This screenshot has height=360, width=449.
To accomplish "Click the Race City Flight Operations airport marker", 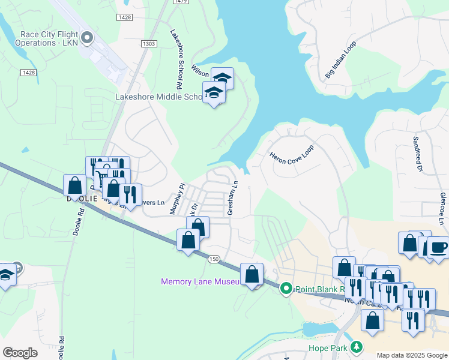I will point(88,38).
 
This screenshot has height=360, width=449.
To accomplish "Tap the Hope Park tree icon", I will point(357,347).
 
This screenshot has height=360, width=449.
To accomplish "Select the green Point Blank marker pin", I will point(286,289).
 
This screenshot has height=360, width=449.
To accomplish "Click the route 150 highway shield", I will point(214,259).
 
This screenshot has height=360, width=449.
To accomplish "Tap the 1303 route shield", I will point(149,44).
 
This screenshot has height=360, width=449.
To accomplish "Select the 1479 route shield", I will point(180,2).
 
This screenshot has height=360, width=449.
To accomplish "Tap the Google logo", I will point(20,353).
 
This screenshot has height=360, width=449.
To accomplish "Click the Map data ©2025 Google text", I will point(412,355).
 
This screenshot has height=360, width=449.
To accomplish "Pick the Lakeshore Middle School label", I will point(159,97).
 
